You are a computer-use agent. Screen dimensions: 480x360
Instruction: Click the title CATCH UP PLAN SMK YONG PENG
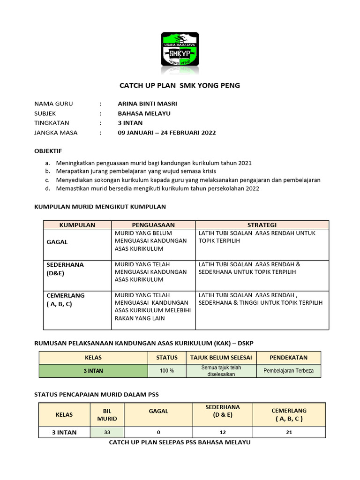[x=180, y=86]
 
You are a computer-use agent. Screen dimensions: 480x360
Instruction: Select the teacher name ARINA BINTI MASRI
[x=148, y=104]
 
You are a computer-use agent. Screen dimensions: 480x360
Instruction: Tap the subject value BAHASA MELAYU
[x=144, y=113]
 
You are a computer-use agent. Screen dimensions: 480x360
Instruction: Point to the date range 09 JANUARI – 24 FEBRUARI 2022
[x=167, y=133]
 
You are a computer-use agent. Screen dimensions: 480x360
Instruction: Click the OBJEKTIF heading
[x=48, y=151]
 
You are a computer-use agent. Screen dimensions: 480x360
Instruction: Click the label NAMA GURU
[x=54, y=104]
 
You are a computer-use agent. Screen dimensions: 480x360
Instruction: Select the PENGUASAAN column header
[x=153, y=225]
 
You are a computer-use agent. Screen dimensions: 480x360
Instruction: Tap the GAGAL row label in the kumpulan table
[x=57, y=242]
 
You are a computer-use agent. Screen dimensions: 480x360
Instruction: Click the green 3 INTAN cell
[x=93, y=371]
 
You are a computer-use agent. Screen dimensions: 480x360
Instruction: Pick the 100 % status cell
[x=167, y=371]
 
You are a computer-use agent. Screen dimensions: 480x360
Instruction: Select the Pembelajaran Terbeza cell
[x=289, y=371]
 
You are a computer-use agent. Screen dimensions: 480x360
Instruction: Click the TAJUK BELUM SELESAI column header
[x=221, y=358]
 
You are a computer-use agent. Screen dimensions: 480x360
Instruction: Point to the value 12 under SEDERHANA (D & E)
[x=223, y=432]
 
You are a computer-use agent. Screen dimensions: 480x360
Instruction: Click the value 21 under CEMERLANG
[x=289, y=432]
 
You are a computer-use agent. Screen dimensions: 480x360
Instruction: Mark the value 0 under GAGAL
[x=158, y=432]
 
